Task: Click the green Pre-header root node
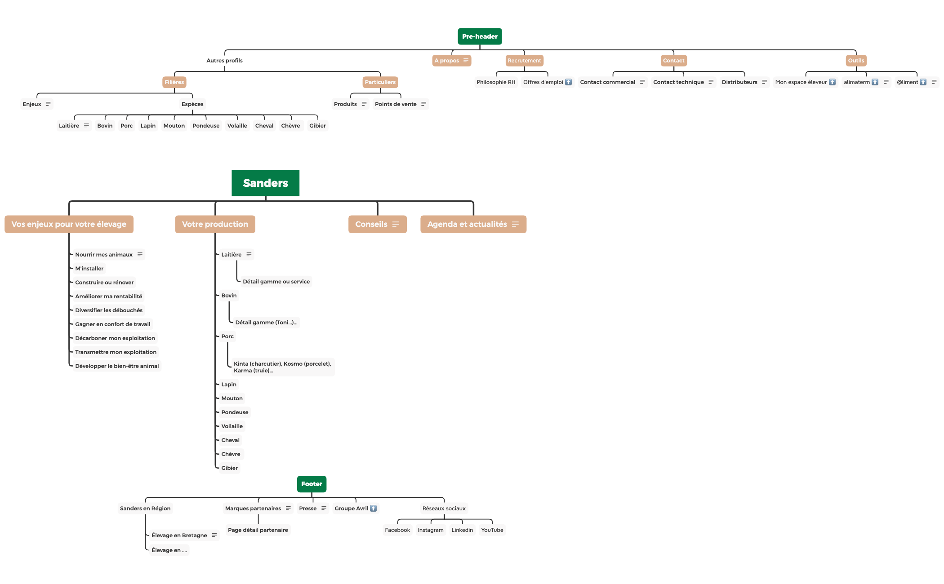(x=480, y=36)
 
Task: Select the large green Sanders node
(x=265, y=183)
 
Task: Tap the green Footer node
(x=312, y=484)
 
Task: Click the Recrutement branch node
(x=524, y=61)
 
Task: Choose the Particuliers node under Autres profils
(x=380, y=82)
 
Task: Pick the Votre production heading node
(x=215, y=224)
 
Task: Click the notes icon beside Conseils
(x=396, y=224)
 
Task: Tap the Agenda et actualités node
(x=467, y=224)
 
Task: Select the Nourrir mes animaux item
(x=104, y=255)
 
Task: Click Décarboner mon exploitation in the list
(x=115, y=338)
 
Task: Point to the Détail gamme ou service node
(x=276, y=282)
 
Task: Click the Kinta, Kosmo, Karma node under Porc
(x=282, y=367)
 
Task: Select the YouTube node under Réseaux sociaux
(x=492, y=530)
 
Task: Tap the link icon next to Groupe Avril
(x=373, y=509)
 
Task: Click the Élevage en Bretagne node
(x=179, y=535)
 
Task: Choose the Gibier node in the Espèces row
(x=317, y=126)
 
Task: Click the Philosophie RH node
(x=496, y=82)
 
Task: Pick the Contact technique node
(x=678, y=82)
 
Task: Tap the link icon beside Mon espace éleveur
(x=832, y=82)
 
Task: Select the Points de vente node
(x=396, y=104)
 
